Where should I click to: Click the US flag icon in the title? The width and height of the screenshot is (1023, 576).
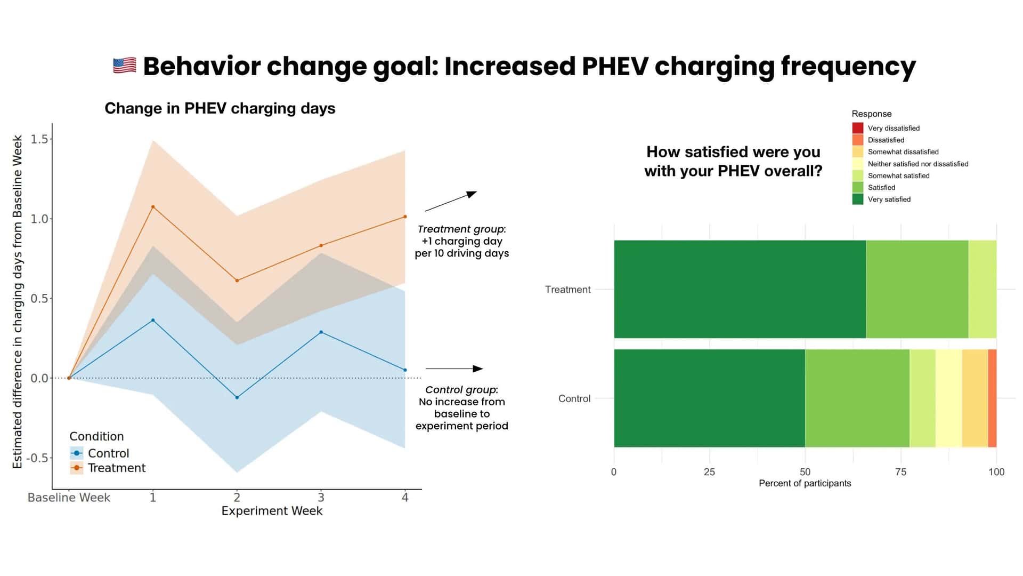125,66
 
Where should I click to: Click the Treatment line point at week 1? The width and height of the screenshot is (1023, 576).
153,207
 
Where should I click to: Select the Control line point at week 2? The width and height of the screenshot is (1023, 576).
237,397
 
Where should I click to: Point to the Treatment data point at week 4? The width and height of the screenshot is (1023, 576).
405,217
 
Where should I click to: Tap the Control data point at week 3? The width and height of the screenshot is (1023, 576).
321,332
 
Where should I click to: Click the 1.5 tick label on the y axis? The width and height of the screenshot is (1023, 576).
39,139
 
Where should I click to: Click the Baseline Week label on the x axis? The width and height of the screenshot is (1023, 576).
69,498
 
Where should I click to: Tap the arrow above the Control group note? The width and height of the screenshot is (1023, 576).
454,369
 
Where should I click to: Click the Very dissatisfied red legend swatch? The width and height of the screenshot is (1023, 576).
857,128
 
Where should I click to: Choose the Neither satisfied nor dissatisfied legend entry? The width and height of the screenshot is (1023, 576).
918,164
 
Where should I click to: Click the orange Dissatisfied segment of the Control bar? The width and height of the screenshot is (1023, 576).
992,398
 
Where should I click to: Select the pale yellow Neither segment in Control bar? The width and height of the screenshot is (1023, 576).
948,398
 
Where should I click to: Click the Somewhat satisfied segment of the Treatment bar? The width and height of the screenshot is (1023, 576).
982,289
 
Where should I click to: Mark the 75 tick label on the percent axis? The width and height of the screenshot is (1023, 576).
900,472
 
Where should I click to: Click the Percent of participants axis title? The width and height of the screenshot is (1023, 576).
805,483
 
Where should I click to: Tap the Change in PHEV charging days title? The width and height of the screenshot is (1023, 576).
220,108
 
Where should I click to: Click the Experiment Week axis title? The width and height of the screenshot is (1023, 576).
272,511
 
